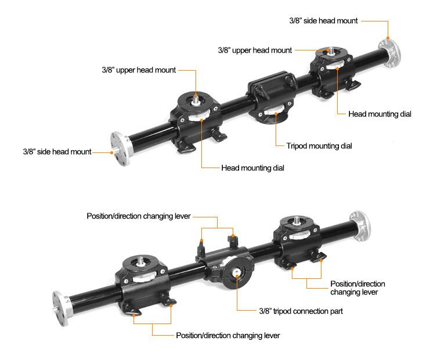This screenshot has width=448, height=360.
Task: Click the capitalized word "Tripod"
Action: (297, 146)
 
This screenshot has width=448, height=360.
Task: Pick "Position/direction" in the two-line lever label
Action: (357, 284)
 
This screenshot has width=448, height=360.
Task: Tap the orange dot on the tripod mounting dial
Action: (276, 114)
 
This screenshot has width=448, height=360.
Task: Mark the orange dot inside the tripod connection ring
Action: (237, 276)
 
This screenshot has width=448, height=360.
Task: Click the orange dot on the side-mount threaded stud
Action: (112, 152)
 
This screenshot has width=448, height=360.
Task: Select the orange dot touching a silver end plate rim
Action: (388, 38)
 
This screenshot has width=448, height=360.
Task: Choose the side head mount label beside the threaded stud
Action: (57, 151)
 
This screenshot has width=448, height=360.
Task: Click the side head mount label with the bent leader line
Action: (323, 20)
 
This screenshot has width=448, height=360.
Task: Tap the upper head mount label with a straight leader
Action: (255, 50)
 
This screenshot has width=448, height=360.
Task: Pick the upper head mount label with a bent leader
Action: (139, 70)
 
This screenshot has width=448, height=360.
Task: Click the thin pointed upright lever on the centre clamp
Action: (201, 248)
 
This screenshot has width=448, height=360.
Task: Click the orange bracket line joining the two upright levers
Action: (218, 228)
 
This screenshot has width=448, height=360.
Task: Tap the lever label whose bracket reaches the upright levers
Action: (139, 216)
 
